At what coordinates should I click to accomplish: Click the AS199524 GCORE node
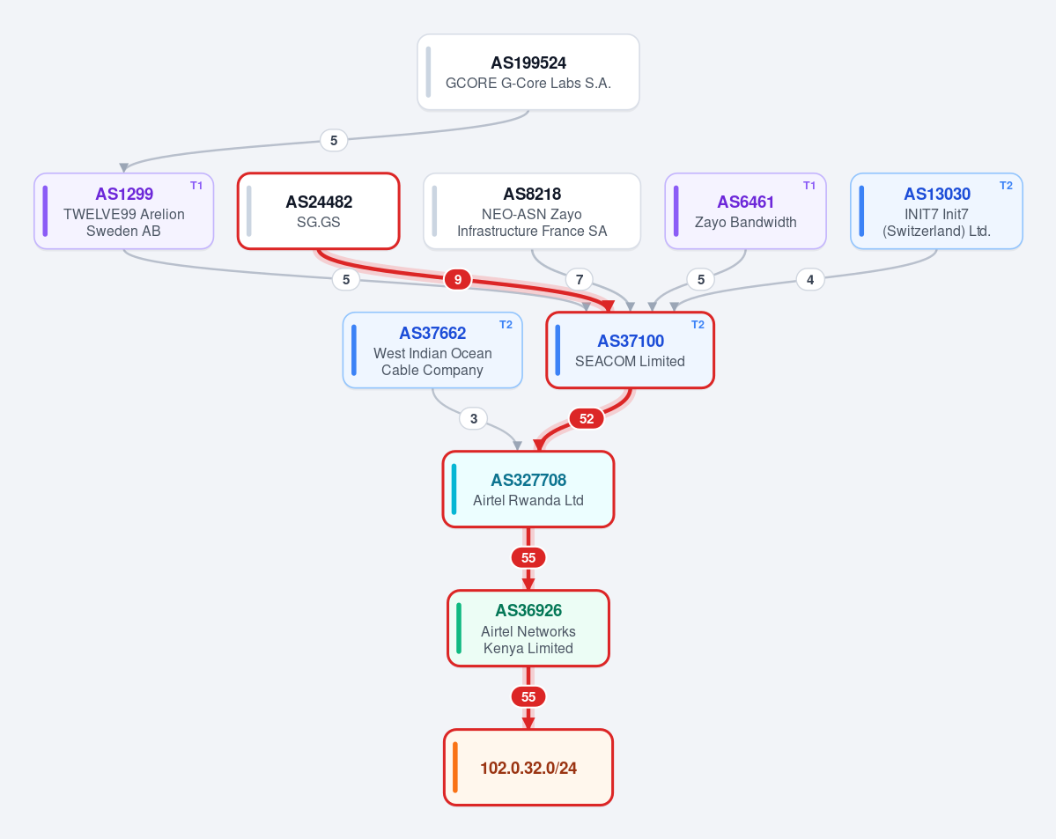click(528, 72)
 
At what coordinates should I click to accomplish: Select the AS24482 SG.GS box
click(319, 210)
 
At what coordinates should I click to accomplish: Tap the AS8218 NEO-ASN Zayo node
click(532, 210)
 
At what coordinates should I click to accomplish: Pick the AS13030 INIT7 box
click(936, 210)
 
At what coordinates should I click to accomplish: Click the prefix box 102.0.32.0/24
click(528, 767)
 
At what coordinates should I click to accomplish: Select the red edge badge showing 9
click(457, 279)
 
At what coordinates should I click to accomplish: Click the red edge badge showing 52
click(587, 419)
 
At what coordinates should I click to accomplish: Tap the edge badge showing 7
click(580, 279)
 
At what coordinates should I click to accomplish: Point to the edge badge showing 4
click(810, 279)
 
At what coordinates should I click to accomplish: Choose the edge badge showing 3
click(474, 419)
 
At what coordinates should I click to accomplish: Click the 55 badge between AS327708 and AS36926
click(528, 557)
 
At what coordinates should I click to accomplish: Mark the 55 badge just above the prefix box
click(528, 697)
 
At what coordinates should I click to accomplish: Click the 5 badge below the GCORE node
click(334, 141)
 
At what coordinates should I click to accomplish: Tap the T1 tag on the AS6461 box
click(809, 186)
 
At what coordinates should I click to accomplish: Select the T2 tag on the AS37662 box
click(506, 325)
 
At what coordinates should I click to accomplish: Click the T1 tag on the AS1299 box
click(196, 186)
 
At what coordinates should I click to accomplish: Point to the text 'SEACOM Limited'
click(630, 362)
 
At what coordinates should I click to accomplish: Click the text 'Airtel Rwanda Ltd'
click(528, 501)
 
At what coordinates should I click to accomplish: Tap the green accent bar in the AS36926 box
click(459, 629)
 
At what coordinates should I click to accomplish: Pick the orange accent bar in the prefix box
click(455, 767)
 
